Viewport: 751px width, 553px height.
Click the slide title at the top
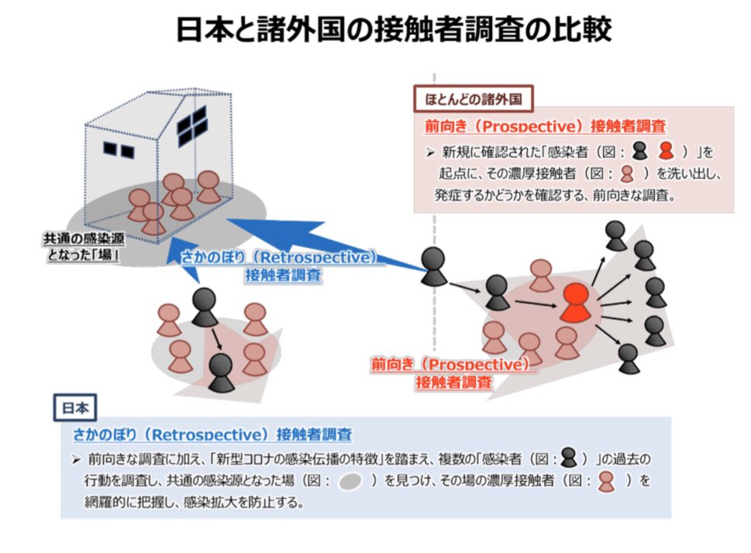394,29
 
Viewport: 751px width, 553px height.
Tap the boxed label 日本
75,407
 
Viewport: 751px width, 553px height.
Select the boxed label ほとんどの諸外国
474,99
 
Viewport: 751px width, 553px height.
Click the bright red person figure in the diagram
575,302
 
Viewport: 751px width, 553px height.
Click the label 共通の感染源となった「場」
84,246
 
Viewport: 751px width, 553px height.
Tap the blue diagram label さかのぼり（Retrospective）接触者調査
283,266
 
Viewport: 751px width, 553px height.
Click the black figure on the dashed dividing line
434,266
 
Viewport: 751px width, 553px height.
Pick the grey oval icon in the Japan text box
350,481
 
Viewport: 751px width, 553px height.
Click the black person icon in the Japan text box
569,457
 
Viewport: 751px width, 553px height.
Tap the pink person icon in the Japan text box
606,482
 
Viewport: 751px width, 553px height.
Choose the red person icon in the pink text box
667,150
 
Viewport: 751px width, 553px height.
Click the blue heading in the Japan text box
212,434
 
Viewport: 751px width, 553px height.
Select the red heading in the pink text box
545,126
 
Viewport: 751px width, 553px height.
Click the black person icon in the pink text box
640,150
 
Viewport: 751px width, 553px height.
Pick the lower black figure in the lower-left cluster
222,373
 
